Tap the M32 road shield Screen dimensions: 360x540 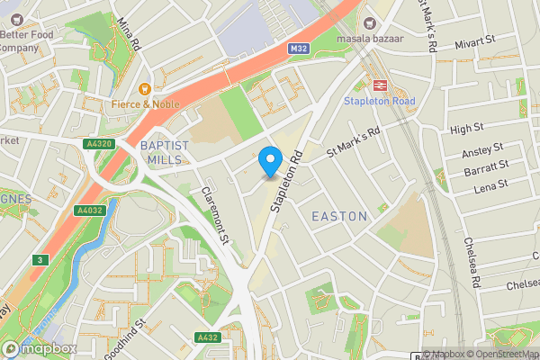[300, 48]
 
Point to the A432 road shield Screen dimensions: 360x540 [208, 337]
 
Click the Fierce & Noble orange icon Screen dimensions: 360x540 [143, 88]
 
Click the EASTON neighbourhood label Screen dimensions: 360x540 [339, 217]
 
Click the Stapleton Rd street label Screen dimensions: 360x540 [287, 184]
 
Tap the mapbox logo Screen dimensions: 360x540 [38, 348]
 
